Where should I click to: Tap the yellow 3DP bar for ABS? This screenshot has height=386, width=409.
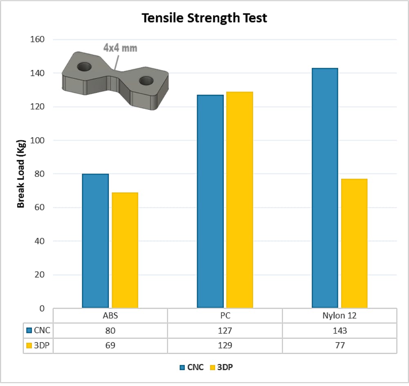pyautogui.click(x=125, y=250)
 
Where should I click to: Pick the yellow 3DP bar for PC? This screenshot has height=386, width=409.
pyautogui.click(x=240, y=199)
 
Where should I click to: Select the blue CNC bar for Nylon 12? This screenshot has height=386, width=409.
pyautogui.click(x=325, y=187)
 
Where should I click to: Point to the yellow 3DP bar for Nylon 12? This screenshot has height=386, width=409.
pyautogui.click(x=354, y=243)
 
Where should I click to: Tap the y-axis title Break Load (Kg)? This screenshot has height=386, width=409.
pyautogui.click(x=21, y=174)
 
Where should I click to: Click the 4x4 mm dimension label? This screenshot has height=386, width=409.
pyautogui.click(x=120, y=48)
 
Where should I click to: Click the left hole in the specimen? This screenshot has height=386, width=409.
pyautogui.click(x=85, y=66)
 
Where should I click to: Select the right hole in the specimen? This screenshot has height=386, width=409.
pyautogui.click(x=146, y=81)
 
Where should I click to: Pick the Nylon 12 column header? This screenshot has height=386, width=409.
pyautogui.click(x=339, y=316)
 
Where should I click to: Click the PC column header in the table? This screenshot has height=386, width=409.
pyautogui.click(x=225, y=316)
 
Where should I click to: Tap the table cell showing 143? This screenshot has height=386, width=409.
pyautogui.click(x=339, y=330)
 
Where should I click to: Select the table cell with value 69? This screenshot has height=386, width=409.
pyautogui.click(x=110, y=345)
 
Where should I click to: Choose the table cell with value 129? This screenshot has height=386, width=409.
pyautogui.click(x=225, y=345)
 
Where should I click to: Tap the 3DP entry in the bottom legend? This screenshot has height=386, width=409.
pyautogui.click(x=222, y=367)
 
